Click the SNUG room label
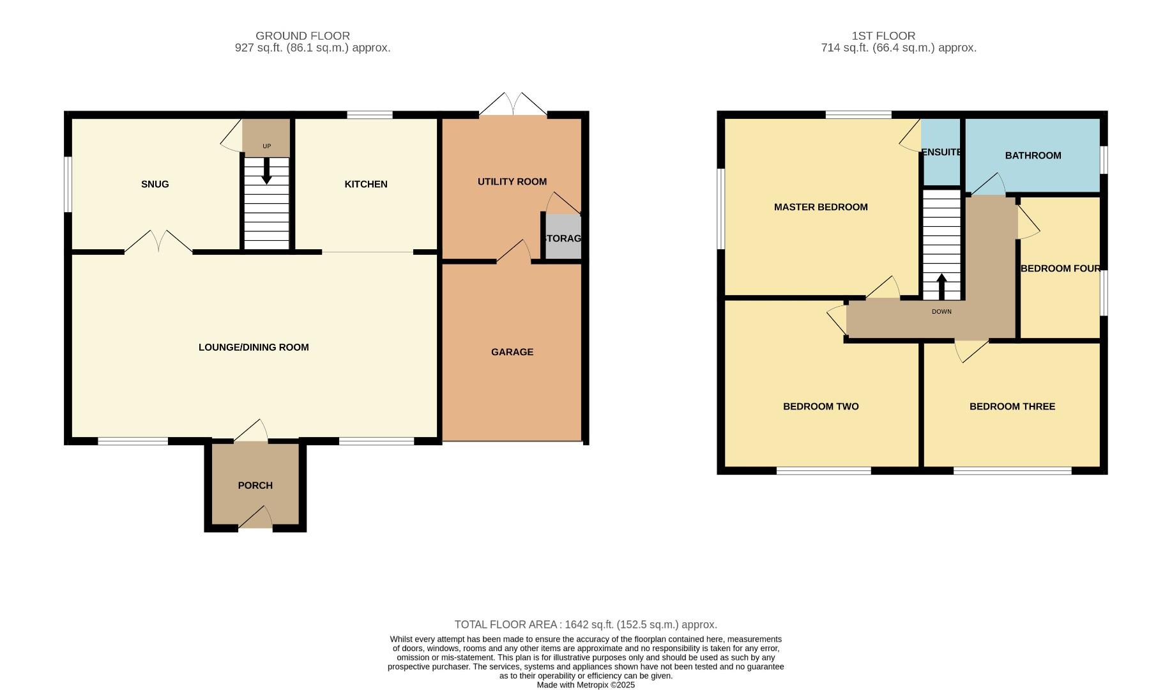tap(155, 184)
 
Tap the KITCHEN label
tap(366, 184)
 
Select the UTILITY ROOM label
tap(512, 181)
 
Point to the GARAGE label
tap(512, 352)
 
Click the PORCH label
tap(255, 486)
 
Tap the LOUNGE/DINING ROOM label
tap(254, 348)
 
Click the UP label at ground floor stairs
tap(266, 146)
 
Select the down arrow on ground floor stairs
tap(266, 171)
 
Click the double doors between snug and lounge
tap(158, 243)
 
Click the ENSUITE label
tap(941, 152)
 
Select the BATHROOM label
tap(1033, 155)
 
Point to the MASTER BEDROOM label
tap(821, 207)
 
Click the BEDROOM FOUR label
tap(1060, 268)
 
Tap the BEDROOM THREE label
tap(1012, 406)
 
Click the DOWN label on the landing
tap(941, 312)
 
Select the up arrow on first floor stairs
tap(941, 286)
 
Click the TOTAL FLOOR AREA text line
tap(586, 625)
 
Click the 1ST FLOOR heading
tap(883, 36)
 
